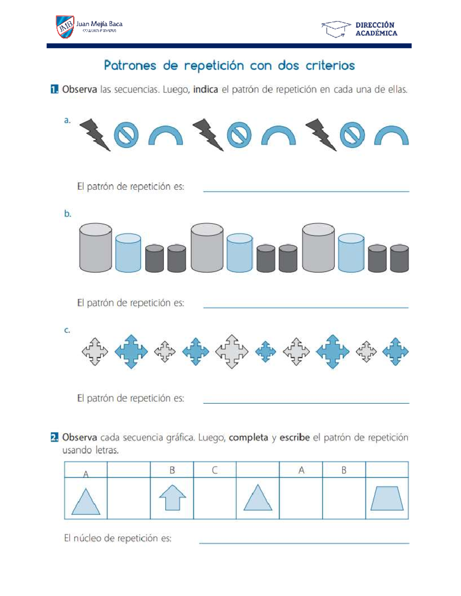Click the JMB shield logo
65,26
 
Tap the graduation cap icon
336,29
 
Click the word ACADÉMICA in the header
376,33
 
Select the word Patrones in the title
130,66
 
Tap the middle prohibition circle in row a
239,135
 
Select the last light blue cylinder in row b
351,253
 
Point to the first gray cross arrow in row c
95,351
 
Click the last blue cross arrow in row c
395,351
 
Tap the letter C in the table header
215,470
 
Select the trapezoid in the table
387,498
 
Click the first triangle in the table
86,502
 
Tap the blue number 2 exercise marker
55,438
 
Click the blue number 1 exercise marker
55,90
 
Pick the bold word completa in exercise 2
248,438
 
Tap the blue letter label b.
68,214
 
